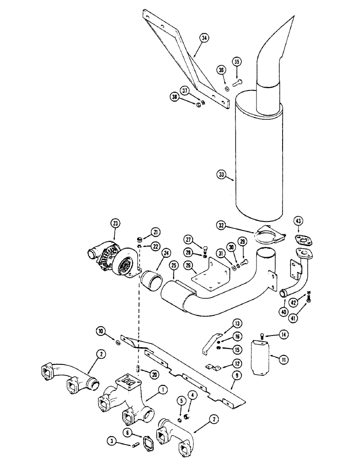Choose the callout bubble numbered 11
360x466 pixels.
(283, 359)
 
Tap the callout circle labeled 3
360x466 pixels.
(112, 439)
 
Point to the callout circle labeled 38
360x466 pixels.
(175, 97)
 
